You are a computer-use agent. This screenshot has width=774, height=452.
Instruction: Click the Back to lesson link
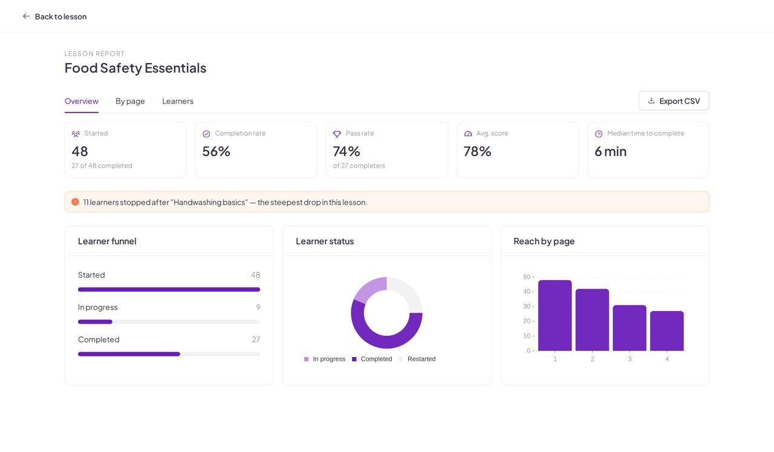pyautogui.click(x=54, y=16)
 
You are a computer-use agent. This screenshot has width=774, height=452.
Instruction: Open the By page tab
pyautogui.click(x=130, y=101)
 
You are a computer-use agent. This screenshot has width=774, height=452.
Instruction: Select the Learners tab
pyautogui.click(x=178, y=101)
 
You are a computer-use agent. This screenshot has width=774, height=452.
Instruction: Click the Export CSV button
pyautogui.click(x=674, y=100)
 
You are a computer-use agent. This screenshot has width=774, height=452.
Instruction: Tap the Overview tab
pyautogui.click(x=82, y=101)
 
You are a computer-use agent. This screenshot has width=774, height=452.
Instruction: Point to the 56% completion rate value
pyautogui.click(x=216, y=151)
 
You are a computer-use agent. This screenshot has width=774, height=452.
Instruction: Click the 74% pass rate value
pyautogui.click(x=346, y=151)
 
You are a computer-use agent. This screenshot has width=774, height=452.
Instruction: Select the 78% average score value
pyautogui.click(x=477, y=151)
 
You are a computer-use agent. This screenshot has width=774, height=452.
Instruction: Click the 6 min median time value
pyautogui.click(x=611, y=151)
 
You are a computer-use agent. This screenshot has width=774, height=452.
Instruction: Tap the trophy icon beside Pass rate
pyautogui.click(x=337, y=134)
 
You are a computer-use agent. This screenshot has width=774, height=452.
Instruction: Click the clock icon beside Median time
pyautogui.click(x=599, y=134)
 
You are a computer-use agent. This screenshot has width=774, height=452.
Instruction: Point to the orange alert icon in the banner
pyautogui.click(x=75, y=202)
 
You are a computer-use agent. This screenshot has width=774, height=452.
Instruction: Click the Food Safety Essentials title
pyautogui.click(x=135, y=68)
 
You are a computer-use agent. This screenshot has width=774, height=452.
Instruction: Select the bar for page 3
pyautogui.click(x=629, y=328)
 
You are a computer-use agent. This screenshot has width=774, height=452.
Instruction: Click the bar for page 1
pyautogui.click(x=555, y=315)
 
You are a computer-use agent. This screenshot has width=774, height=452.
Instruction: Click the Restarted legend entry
pyautogui.click(x=417, y=359)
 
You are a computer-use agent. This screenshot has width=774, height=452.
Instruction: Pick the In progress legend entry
pyautogui.click(x=325, y=359)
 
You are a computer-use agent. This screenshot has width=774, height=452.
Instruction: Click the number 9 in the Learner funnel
pyautogui.click(x=258, y=307)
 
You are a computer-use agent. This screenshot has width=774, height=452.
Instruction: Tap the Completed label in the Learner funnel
pyautogui.click(x=99, y=339)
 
